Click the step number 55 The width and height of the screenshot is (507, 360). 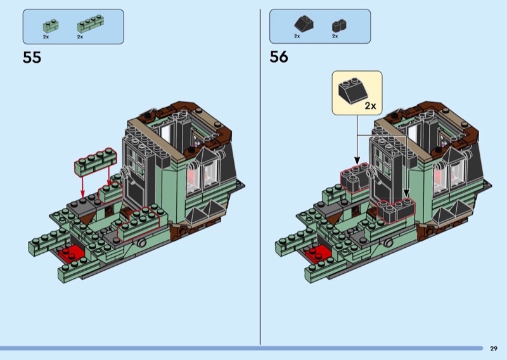coord(32,58)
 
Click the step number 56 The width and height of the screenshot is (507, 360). coord(279,57)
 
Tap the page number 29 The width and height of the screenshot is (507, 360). coord(494,349)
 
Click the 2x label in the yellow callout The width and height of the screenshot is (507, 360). coord(370,106)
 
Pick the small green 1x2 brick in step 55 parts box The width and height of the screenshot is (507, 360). coord(51,26)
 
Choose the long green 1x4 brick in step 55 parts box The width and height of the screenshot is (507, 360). coord(91,24)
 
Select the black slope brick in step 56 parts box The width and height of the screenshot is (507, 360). coord(304,23)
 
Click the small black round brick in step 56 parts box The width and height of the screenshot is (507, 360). coord(339,25)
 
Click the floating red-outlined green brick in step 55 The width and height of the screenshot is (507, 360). coord(94,162)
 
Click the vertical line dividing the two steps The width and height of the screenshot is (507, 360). coord(260,177)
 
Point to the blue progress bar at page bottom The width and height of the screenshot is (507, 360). coord(241,349)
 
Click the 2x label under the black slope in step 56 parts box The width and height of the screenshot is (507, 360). coord(297,36)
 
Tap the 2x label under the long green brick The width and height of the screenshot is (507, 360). coord(80,37)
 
